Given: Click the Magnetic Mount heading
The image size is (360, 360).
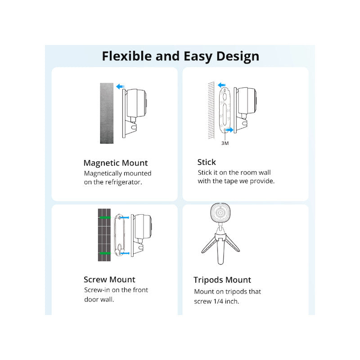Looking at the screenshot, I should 116,163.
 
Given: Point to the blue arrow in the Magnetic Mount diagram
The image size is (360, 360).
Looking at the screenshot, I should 119,86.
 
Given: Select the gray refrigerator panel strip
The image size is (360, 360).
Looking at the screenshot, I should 107,113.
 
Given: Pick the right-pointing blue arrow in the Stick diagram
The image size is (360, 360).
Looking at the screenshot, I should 230,130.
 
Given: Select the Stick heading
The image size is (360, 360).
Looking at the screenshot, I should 207,162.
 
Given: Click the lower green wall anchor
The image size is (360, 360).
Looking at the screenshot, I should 104,254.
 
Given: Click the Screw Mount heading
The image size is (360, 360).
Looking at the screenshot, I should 109,279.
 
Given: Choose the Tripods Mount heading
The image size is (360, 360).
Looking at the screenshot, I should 222,280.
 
